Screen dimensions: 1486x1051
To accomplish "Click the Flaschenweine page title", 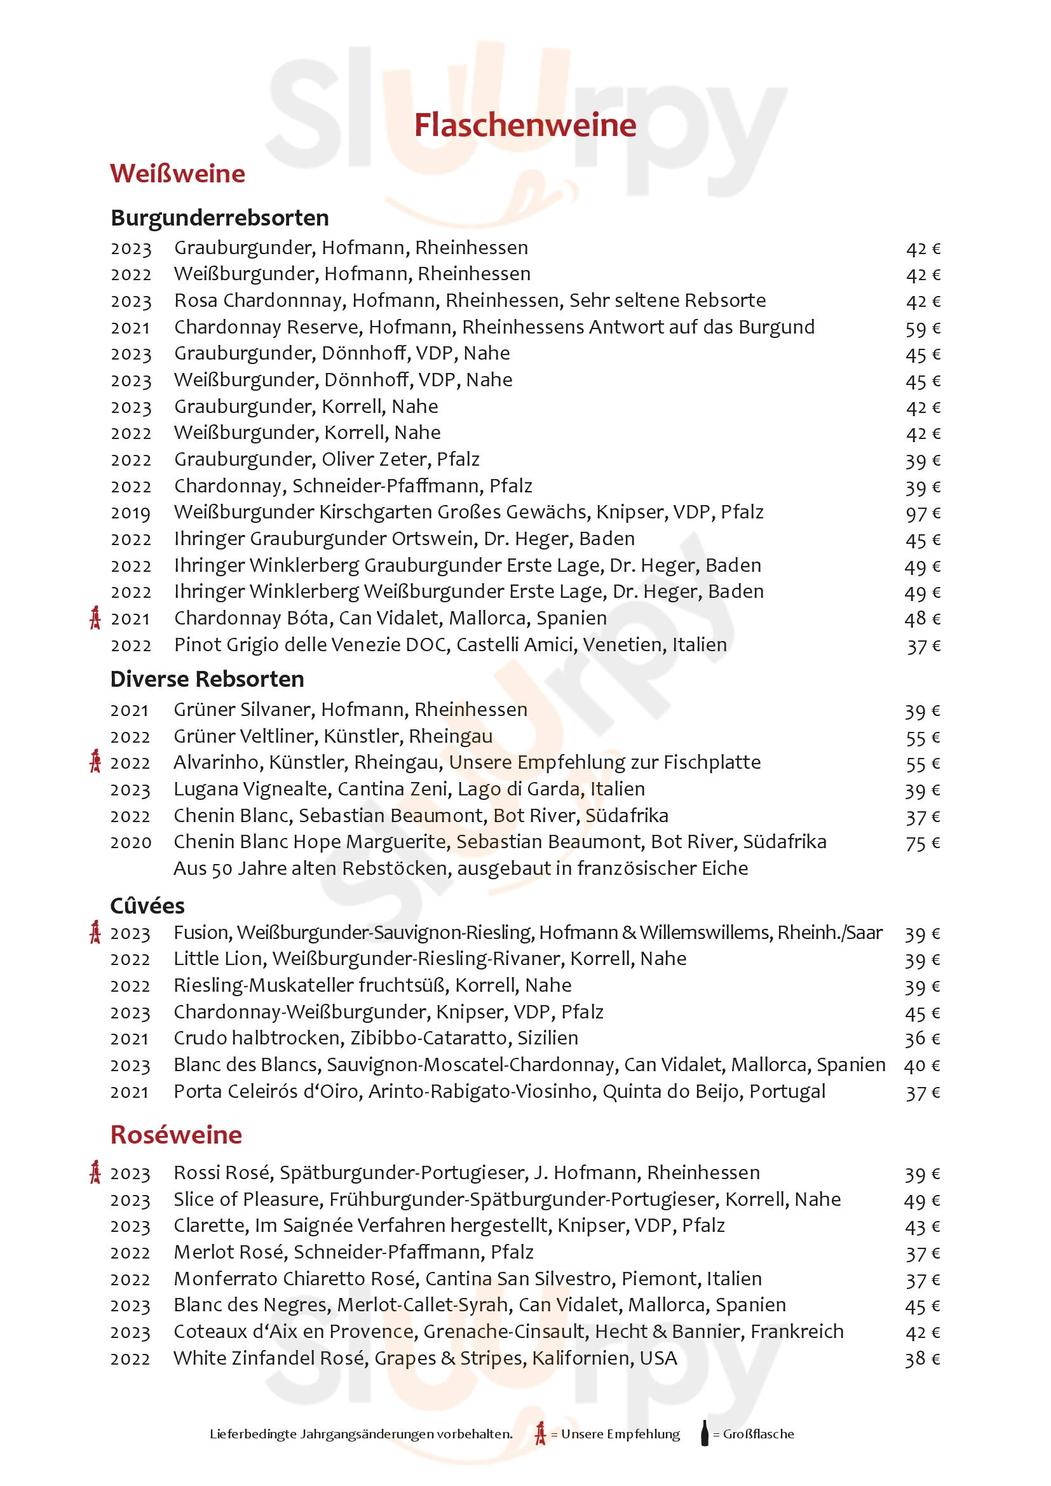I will point(525,126).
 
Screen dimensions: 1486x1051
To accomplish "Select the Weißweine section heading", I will point(177,173).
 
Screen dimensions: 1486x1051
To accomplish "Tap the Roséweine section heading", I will point(176,1135).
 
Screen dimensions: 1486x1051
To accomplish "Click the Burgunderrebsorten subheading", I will point(219,218).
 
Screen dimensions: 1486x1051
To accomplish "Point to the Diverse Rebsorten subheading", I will point(207,679).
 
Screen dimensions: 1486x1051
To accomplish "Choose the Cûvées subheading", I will point(147,905).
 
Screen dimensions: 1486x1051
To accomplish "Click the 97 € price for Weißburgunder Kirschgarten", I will point(922,513).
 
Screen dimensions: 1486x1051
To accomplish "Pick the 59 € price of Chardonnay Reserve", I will point(922,328).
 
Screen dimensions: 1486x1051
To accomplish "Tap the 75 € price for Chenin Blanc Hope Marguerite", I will point(922,843).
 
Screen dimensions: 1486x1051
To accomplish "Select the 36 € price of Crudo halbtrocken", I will point(922,1039).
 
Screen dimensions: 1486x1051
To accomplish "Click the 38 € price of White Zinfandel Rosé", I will point(922,1359).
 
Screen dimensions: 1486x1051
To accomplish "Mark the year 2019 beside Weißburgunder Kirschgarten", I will point(130,513).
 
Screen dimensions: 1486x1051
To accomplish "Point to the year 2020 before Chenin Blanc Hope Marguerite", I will point(130,842).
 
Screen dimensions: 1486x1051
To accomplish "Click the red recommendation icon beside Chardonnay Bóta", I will point(95,618).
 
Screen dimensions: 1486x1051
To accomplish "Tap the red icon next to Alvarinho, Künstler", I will point(95,762).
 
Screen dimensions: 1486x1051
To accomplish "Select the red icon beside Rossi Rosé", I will point(95,1172).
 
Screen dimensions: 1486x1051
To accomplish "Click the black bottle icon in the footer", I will point(705,1433).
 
